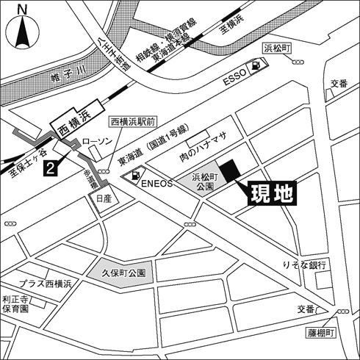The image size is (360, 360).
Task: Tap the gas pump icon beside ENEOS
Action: point(135,176)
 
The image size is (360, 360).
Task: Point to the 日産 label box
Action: point(101,198)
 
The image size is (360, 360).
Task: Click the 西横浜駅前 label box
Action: point(132,121)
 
